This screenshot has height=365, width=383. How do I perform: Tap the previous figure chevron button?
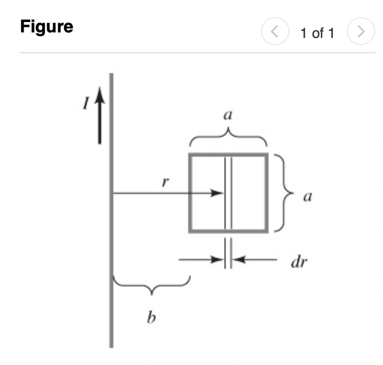tap(274, 32)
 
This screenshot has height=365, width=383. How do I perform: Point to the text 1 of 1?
tap(317, 33)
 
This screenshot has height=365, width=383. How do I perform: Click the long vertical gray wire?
tap(112, 220)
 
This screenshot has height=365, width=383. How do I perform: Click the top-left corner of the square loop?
tap(190, 155)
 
